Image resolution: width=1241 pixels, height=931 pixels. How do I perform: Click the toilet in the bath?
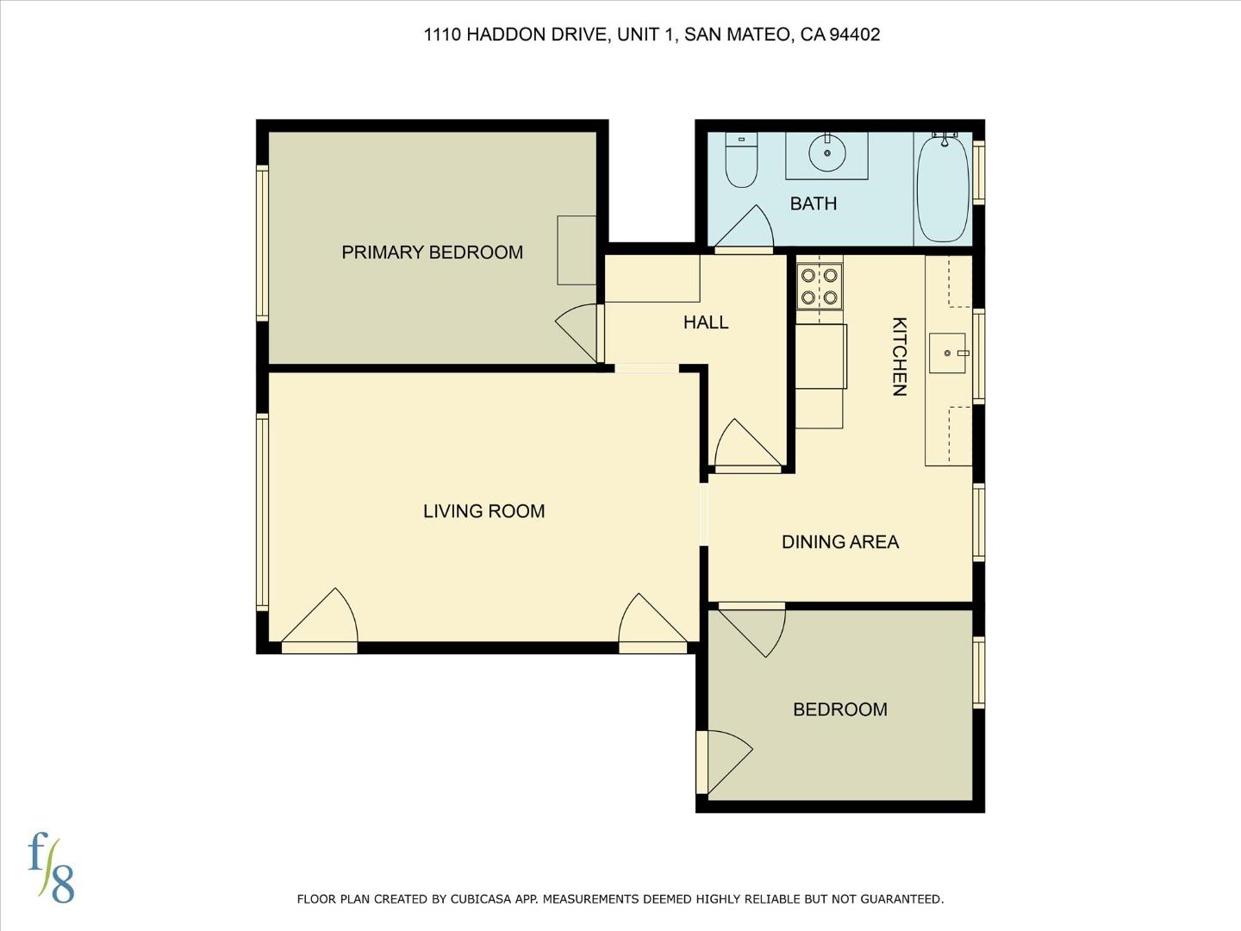740,161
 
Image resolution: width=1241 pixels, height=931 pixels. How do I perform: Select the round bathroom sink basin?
826,153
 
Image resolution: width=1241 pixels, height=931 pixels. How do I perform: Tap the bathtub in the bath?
943,188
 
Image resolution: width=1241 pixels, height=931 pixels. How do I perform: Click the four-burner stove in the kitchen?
819,286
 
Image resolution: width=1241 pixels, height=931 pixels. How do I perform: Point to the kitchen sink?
949,353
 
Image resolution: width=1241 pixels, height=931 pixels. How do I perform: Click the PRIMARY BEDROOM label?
432,253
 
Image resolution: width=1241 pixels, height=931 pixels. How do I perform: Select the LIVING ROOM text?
483,511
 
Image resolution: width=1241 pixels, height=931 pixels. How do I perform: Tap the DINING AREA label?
839,542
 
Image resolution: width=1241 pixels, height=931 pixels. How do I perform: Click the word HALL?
706,322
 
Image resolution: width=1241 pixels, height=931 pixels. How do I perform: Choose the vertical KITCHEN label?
899,356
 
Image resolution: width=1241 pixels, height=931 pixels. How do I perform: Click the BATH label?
813,203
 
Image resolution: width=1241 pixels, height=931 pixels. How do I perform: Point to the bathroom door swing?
746,229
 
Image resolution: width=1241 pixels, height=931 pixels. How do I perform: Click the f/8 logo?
51,866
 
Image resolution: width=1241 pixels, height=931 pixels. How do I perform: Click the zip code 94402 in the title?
854,34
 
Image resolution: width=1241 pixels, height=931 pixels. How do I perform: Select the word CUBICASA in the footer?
486,899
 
